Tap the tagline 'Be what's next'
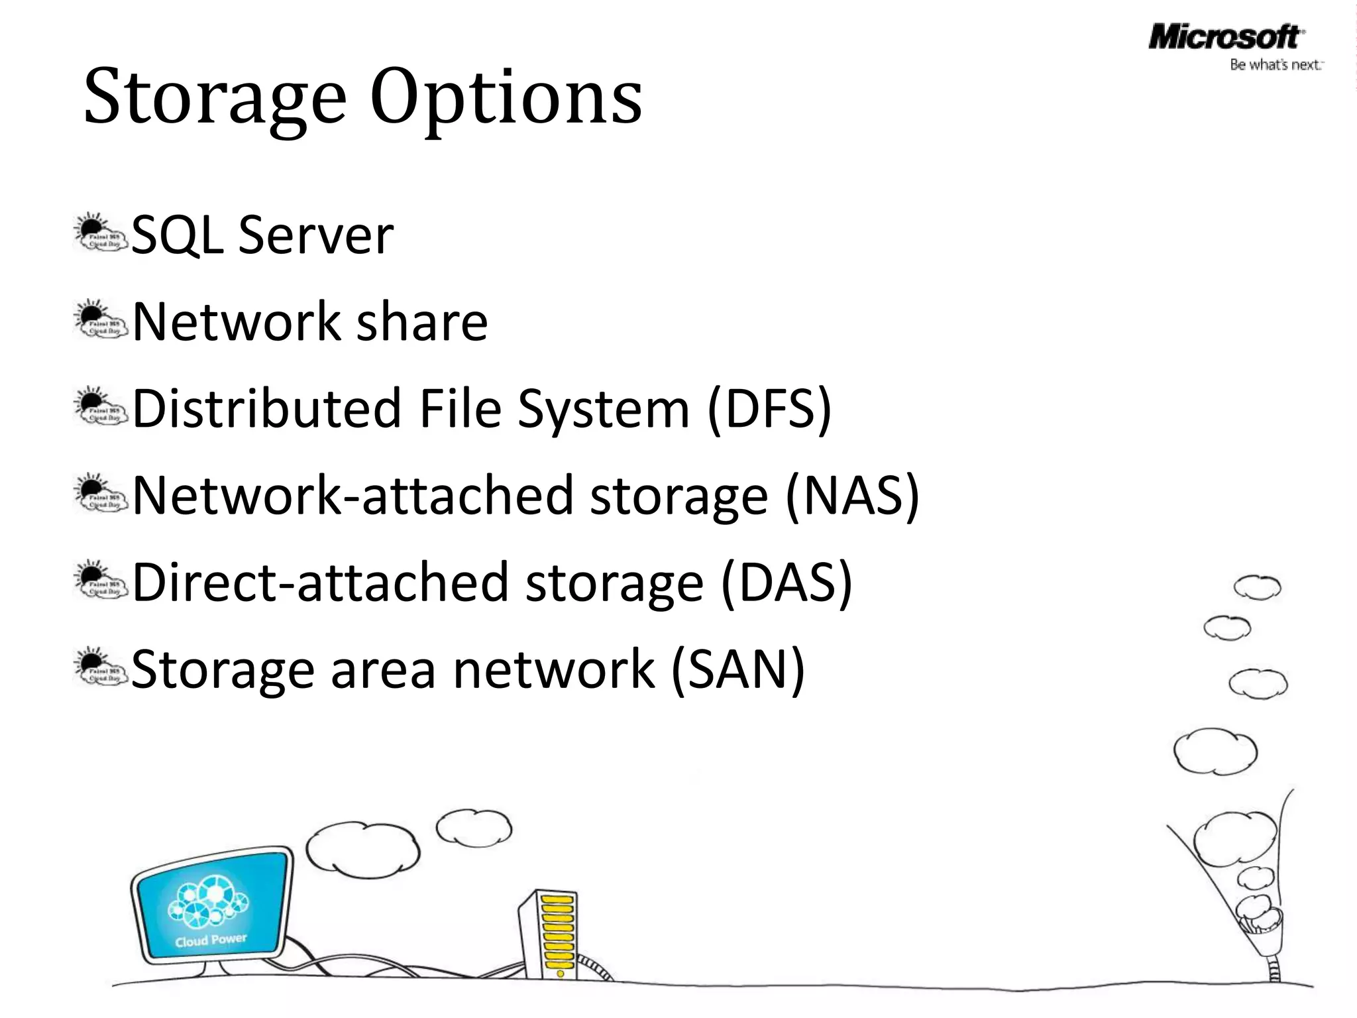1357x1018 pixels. (x=1276, y=65)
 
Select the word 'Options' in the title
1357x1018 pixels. (x=506, y=98)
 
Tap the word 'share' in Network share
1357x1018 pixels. (x=422, y=322)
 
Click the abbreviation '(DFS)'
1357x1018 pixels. (x=769, y=409)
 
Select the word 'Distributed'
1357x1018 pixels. (x=267, y=409)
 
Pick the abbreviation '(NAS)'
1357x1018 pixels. (x=852, y=496)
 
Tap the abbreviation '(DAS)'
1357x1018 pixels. (x=786, y=583)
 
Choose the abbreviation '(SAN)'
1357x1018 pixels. (x=738, y=669)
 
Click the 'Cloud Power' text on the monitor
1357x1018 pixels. (x=211, y=940)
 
